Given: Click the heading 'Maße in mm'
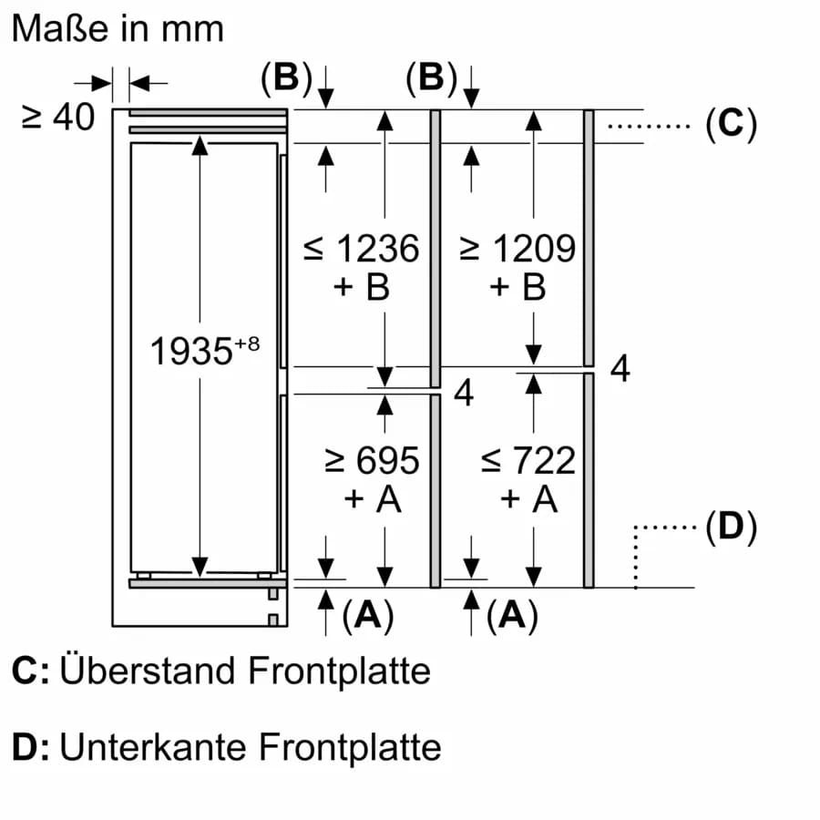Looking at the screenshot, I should coord(117,28).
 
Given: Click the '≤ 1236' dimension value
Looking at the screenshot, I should coord(362,248).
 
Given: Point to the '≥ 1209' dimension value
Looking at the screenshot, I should coord(518,248).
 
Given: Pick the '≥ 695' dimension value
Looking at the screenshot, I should coord(372,460).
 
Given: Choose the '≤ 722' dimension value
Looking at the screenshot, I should coord(528,460).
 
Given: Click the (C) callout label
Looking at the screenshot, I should coord(731,124).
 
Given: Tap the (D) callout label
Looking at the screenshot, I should coord(731,527).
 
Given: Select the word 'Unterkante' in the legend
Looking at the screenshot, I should coord(153,748).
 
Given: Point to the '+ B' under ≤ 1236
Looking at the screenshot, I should coord(362,287).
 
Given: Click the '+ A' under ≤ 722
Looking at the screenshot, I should coord(528,499).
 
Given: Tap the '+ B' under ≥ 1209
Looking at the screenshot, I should coord(518,287).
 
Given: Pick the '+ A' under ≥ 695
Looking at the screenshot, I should coord(372,499).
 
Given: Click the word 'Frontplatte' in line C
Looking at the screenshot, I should coord(339,671).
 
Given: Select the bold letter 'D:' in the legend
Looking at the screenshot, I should coord(29,748).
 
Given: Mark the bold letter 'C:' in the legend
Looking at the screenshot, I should coord(29,671).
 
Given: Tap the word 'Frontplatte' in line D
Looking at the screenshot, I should coord(350,748).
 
